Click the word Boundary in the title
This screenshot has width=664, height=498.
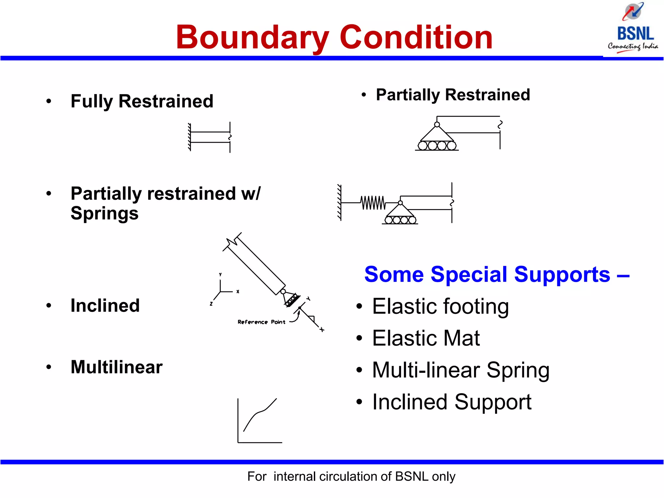coord(252,38)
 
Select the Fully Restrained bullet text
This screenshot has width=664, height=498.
coord(142,101)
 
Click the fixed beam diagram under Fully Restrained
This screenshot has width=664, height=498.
coord(210,137)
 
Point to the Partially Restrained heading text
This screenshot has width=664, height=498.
coord(453,95)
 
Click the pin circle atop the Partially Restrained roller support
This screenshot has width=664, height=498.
coord(437,124)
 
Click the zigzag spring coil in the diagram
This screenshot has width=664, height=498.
coord(373,203)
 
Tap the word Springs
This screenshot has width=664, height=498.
coord(104,214)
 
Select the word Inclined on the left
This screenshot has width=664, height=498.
coord(105,305)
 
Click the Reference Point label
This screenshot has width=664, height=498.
coord(261,322)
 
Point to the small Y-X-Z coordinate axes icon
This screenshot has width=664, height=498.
coord(222,290)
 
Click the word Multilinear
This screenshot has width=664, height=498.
coord(116,367)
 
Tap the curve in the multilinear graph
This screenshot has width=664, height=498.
coord(259,413)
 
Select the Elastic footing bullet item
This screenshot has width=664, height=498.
coord(440,306)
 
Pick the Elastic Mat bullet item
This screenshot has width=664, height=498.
coord(426,338)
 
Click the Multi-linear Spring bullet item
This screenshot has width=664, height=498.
coord(460,370)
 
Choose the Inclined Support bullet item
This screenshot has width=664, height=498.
coord(452,402)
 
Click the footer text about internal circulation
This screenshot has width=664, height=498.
coord(351,477)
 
